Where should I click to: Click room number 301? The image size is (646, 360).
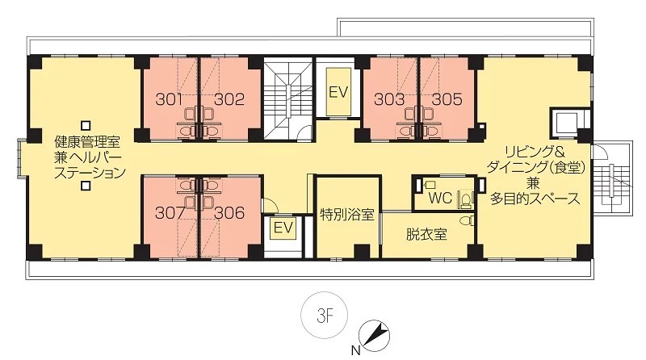click(169, 99)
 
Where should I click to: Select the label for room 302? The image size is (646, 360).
click(229, 99)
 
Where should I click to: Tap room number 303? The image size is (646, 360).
click(389, 99)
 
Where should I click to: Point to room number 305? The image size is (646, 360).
click(447, 99)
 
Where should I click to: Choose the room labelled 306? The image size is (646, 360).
click(229, 212)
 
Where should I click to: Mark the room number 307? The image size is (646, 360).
click(170, 212)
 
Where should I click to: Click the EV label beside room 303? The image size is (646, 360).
click(338, 92)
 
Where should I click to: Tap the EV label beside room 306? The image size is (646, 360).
click(283, 228)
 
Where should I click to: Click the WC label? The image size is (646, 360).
click(440, 198)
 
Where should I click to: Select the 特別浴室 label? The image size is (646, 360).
click(347, 215)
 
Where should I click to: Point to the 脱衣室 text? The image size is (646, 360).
click(426, 234)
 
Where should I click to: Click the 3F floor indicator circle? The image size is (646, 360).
click(325, 315)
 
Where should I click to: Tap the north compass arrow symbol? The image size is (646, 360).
click(374, 336)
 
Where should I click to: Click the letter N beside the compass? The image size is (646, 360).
click(355, 351)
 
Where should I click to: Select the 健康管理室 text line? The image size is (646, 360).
click(88, 142)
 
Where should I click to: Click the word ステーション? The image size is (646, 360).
click(90, 173)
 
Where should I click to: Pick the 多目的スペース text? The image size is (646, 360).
click(535, 199)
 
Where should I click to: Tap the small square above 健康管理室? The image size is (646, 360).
click(86, 125)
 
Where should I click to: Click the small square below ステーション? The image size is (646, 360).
click(86, 186)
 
